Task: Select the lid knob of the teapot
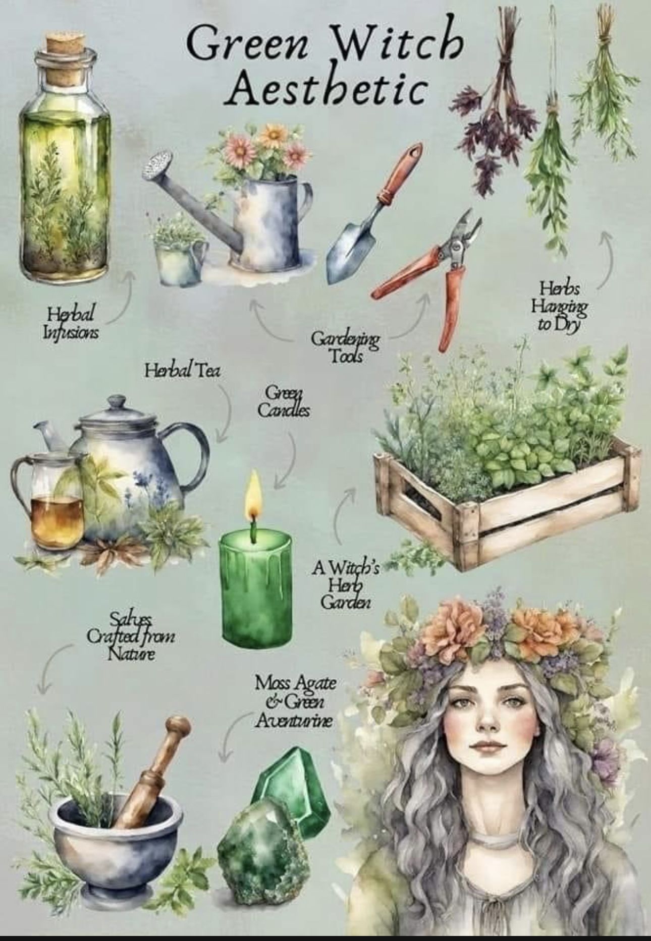[x=117, y=402]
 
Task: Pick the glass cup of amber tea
[x=48, y=500]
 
